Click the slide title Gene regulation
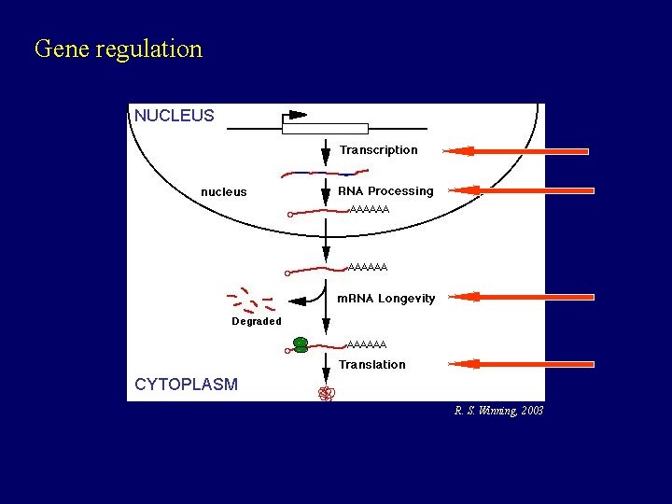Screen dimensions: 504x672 tap(118, 49)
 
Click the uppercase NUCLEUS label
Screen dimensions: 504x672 tap(174, 117)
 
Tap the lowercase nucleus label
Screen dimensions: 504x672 tap(224, 192)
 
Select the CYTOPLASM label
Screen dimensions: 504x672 tap(186, 385)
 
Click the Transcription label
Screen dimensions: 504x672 tap(378, 150)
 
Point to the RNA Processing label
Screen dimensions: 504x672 tap(385, 191)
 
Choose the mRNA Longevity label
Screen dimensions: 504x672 tap(385, 299)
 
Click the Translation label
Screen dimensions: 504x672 tap(371, 365)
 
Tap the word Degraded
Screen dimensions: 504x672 tap(256, 322)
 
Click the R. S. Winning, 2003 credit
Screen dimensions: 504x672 tap(498, 411)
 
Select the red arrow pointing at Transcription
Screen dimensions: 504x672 tap(515, 150)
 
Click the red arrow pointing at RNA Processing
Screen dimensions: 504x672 tap(515, 189)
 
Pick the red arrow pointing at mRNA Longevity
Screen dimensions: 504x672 tap(515, 297)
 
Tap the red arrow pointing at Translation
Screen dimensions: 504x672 tap(515, 364)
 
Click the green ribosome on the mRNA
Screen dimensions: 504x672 tap(301, 345)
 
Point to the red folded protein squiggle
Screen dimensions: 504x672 tap(326, 394)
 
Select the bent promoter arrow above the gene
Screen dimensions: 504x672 tap(293, 116)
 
